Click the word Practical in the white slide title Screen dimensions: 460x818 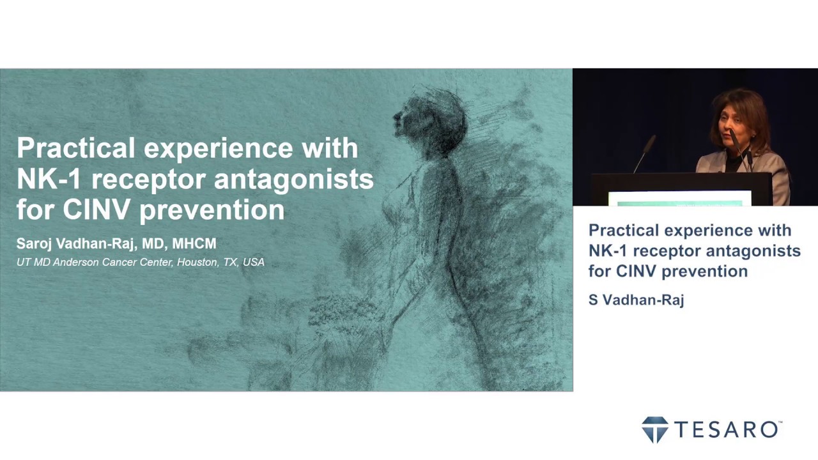[x=76, y=148]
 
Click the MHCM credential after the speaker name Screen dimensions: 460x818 [x=194, y=243]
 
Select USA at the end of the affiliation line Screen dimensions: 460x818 [x=253, y=262]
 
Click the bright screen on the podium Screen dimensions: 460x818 [x=680, y=198]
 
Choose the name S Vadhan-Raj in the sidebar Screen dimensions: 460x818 [x=636, y=300]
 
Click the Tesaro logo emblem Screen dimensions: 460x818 [x=654, y=429]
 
